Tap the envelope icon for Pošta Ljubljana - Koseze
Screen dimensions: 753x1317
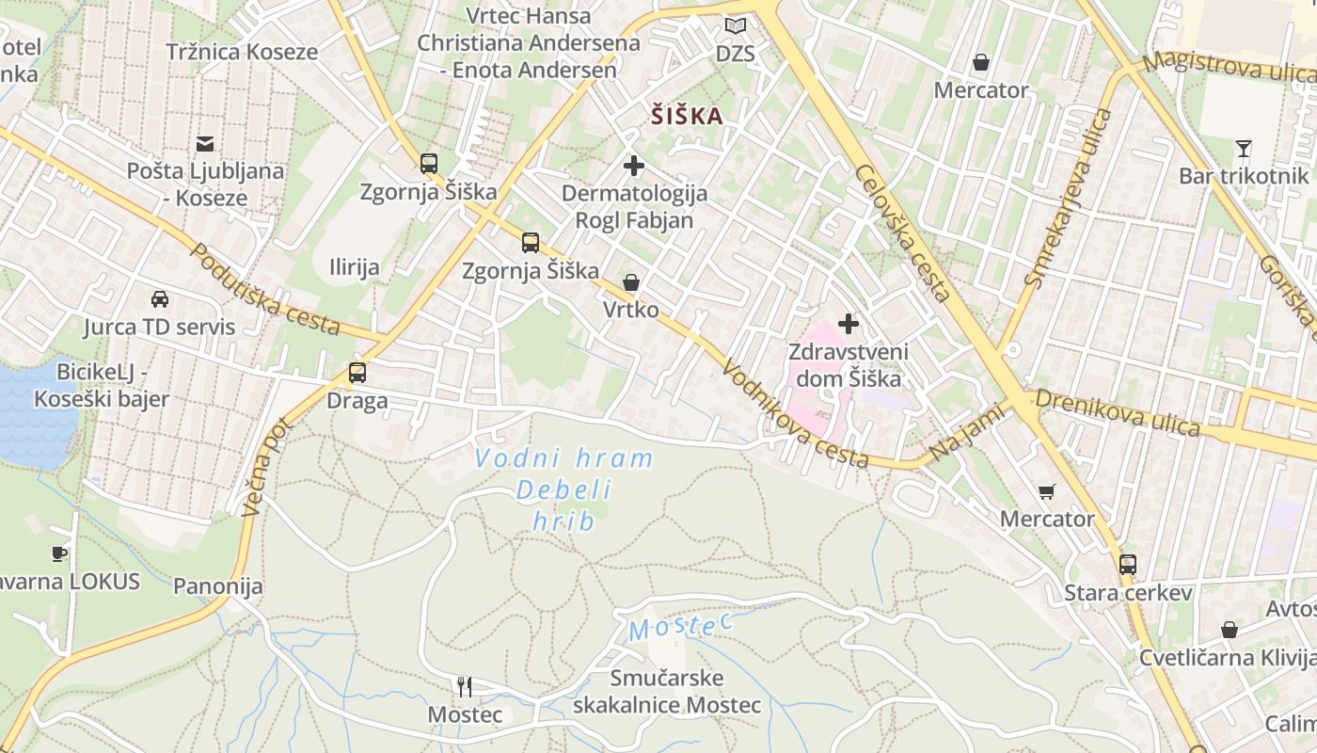[x=204, y=144]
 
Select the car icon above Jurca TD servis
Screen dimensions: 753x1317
[x=160, y=299]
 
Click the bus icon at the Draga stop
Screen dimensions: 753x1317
[x=357, y=372]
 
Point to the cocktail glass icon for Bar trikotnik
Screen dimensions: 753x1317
[x=1244, y=148]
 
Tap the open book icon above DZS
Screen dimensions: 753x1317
[x=736, y=26]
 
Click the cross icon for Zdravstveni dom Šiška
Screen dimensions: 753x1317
[x=849, y=324]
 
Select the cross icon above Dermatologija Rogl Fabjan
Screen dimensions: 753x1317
[x=634, y=167]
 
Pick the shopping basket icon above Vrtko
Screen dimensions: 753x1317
[x=630, y=282]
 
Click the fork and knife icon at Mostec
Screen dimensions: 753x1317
[x=464, y=686]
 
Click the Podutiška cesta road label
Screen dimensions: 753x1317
[x=264, y=289]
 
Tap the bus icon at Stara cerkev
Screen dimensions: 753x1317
[x=1128, y=565]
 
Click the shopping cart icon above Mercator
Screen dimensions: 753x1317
[x=1046, y=491]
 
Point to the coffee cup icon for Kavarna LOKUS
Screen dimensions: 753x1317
[x=58, y=553]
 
